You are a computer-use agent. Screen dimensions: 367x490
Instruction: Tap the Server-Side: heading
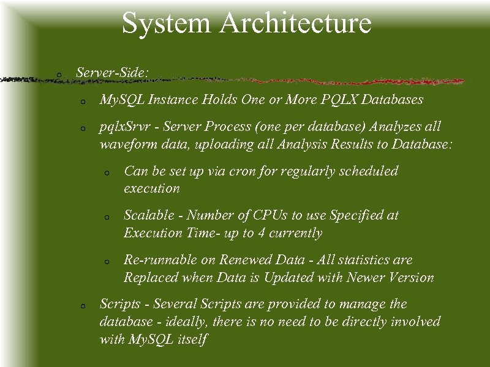coord(112,72)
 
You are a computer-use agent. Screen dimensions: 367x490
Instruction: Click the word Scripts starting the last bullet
coord(120,304)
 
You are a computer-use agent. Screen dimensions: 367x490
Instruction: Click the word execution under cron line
coord(152,188)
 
